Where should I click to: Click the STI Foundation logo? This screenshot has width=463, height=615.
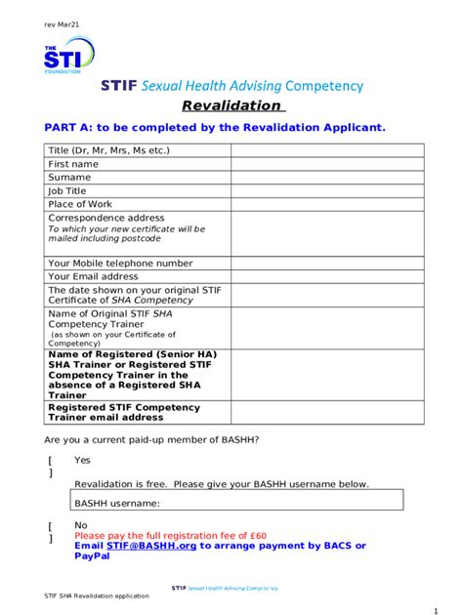(x=67, y=57)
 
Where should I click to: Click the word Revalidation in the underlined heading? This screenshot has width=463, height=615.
(x=231, y=105)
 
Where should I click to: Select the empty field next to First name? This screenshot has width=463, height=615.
(x=327, y=164)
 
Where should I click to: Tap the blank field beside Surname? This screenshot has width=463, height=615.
(x=327, y=178)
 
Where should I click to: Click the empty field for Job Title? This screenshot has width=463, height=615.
(x=327, y=191)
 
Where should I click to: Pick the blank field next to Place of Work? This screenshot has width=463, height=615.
(x=327, y=204)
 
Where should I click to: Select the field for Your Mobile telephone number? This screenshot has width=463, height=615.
(x=327, y=263)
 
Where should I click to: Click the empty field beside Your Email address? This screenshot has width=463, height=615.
(x=327, y=276)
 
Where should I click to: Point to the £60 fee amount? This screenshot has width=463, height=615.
(x=258, y=535)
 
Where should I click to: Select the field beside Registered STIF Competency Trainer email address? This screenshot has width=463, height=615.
(x=327, y=412)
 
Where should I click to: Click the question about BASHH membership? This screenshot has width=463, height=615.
(x=151, y=439)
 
